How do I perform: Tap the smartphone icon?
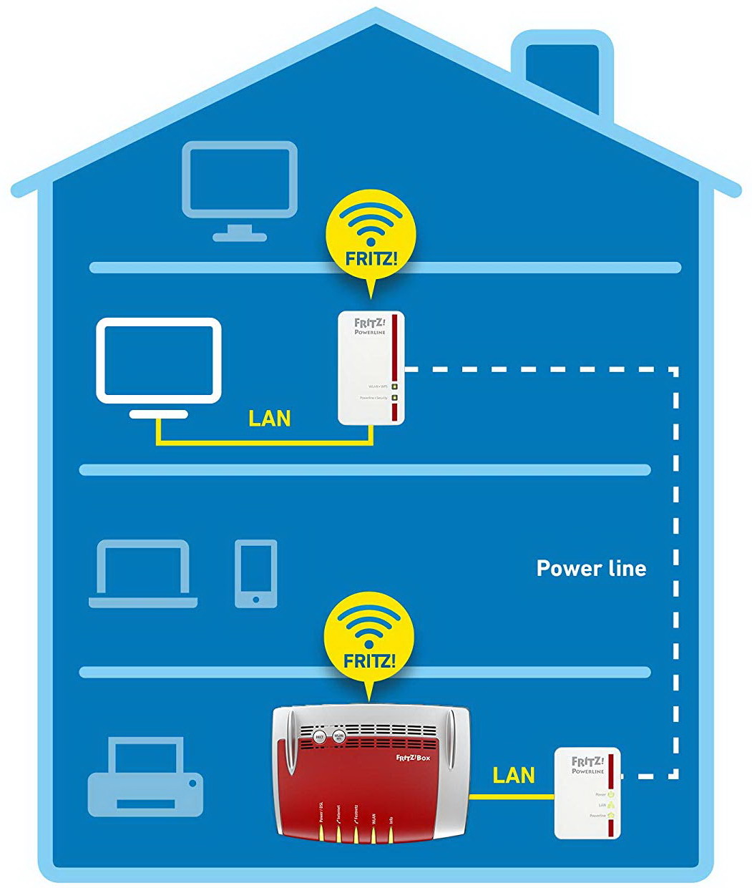pos(255,573)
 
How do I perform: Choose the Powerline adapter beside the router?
pos(587,793)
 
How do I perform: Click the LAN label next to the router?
pos(514,776)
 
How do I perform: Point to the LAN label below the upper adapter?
pos(269,419)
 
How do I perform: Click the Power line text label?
pos(591,568)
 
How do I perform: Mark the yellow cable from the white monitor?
pos(265,444)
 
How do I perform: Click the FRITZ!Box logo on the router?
pos(414,757)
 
